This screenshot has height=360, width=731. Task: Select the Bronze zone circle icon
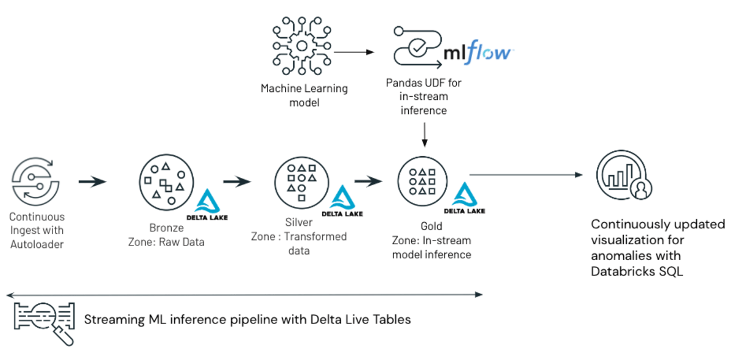166,182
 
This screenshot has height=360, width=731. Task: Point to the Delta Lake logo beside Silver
342,202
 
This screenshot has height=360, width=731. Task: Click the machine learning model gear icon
300,46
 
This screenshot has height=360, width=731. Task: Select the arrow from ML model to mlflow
353,52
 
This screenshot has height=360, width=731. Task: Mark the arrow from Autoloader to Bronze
92,181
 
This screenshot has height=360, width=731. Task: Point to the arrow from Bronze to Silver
237,181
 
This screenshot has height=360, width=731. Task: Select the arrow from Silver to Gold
369,181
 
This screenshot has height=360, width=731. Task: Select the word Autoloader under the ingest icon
37,244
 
